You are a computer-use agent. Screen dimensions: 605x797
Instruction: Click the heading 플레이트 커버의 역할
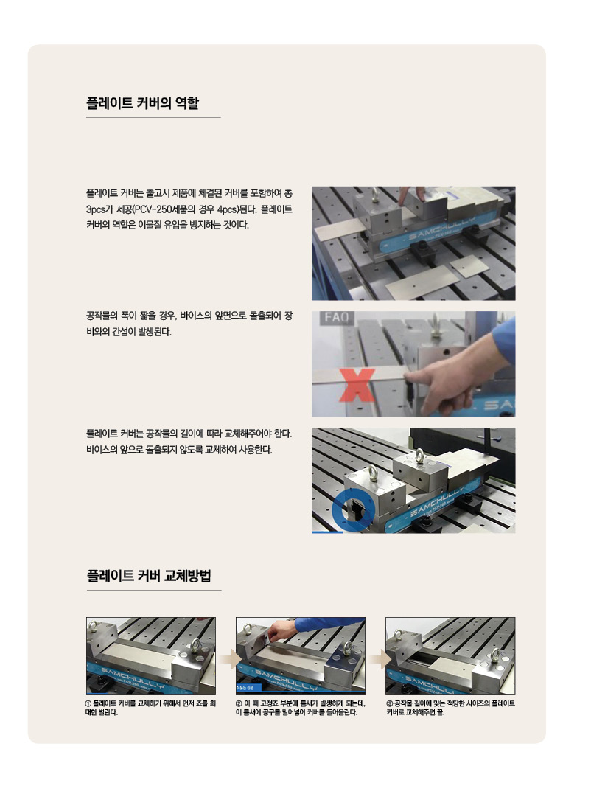point(142,103)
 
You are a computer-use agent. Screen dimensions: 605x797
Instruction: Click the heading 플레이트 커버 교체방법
point(148,576)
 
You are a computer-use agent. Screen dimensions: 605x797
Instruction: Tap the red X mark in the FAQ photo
point(357,386)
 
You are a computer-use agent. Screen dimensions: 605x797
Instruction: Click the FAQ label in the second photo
point(336,318)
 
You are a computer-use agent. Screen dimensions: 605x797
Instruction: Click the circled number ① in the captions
point(89,703)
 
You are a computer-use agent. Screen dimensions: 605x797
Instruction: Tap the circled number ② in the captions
point(239,703)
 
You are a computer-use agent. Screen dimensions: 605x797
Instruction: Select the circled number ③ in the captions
point(390,703)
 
